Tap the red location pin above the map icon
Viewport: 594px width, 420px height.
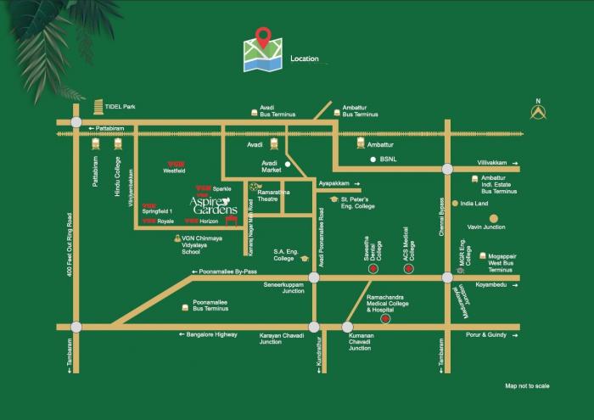pos(264,37)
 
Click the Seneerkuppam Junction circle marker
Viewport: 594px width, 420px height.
pos(314,277)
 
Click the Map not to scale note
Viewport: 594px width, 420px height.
pos(527,386)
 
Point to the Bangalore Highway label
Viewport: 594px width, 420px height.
pos(212,335)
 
